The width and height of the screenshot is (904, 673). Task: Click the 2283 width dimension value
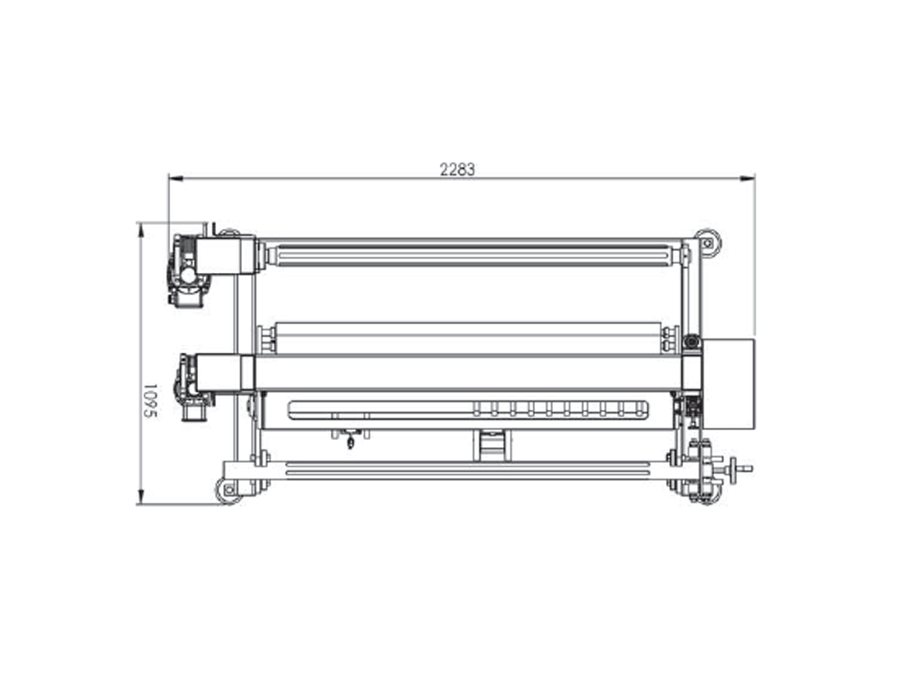pos(457,170)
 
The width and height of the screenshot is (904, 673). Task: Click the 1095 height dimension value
pos(151,401)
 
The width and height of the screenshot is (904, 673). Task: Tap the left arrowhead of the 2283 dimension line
pos(176,179)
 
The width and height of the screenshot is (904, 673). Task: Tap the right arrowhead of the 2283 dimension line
pos(747,179)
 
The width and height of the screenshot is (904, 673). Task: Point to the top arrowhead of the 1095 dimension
pos(141,230)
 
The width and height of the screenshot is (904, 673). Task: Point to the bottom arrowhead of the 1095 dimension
pos(141,497)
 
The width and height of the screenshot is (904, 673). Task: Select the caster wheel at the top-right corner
pos(708,243)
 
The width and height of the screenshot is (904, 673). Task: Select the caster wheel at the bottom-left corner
pos(228,491)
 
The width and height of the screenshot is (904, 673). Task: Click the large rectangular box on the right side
pos(728,384)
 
